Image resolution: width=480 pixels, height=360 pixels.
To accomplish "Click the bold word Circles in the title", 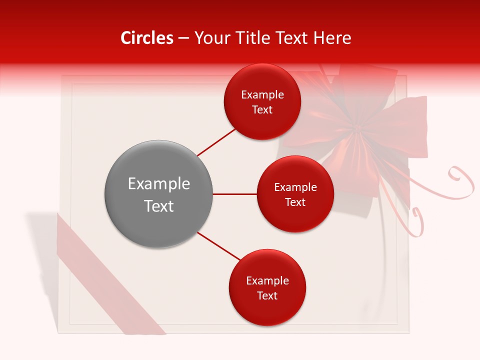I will [147, 38].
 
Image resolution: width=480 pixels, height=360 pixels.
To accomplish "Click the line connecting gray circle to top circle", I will [216, 142].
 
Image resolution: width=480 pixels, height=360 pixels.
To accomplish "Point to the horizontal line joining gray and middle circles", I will [234, 194].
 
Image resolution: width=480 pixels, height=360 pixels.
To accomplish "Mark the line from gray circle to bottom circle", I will [219, 246].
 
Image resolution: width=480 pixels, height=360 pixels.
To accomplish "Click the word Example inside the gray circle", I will [158, 184].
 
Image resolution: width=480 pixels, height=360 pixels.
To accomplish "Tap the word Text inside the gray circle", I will [158, 206].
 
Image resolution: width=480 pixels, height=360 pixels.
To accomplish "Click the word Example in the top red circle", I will [262, 95].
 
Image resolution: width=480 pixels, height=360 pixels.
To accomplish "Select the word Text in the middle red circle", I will [295, 202].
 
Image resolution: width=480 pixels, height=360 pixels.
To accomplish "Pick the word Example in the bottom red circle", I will [267, 281].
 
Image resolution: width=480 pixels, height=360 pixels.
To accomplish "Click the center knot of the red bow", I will [357, 130].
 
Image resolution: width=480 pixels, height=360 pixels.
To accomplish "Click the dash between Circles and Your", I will [183, 38].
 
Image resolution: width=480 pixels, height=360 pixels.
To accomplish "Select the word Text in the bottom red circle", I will [267, 296].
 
